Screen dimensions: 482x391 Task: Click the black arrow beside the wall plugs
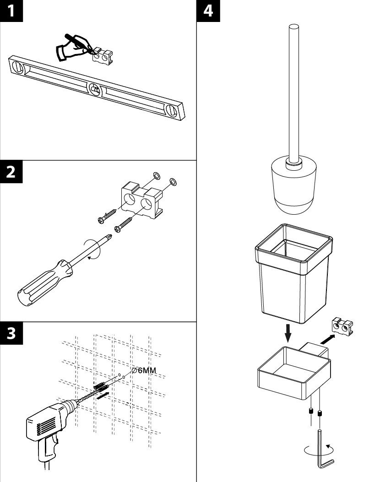click(x=103, y=395)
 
